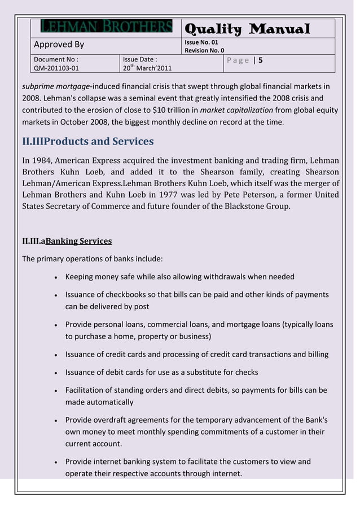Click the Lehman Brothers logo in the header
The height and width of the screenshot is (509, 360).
click(107, 27)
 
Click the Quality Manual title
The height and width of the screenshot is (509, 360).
click(247, 29)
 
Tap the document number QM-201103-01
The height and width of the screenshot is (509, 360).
click(56, 69)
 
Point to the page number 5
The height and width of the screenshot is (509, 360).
click(261, 60)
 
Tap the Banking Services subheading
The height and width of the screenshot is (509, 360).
click(78, 241)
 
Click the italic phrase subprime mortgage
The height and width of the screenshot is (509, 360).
click(56, 86)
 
